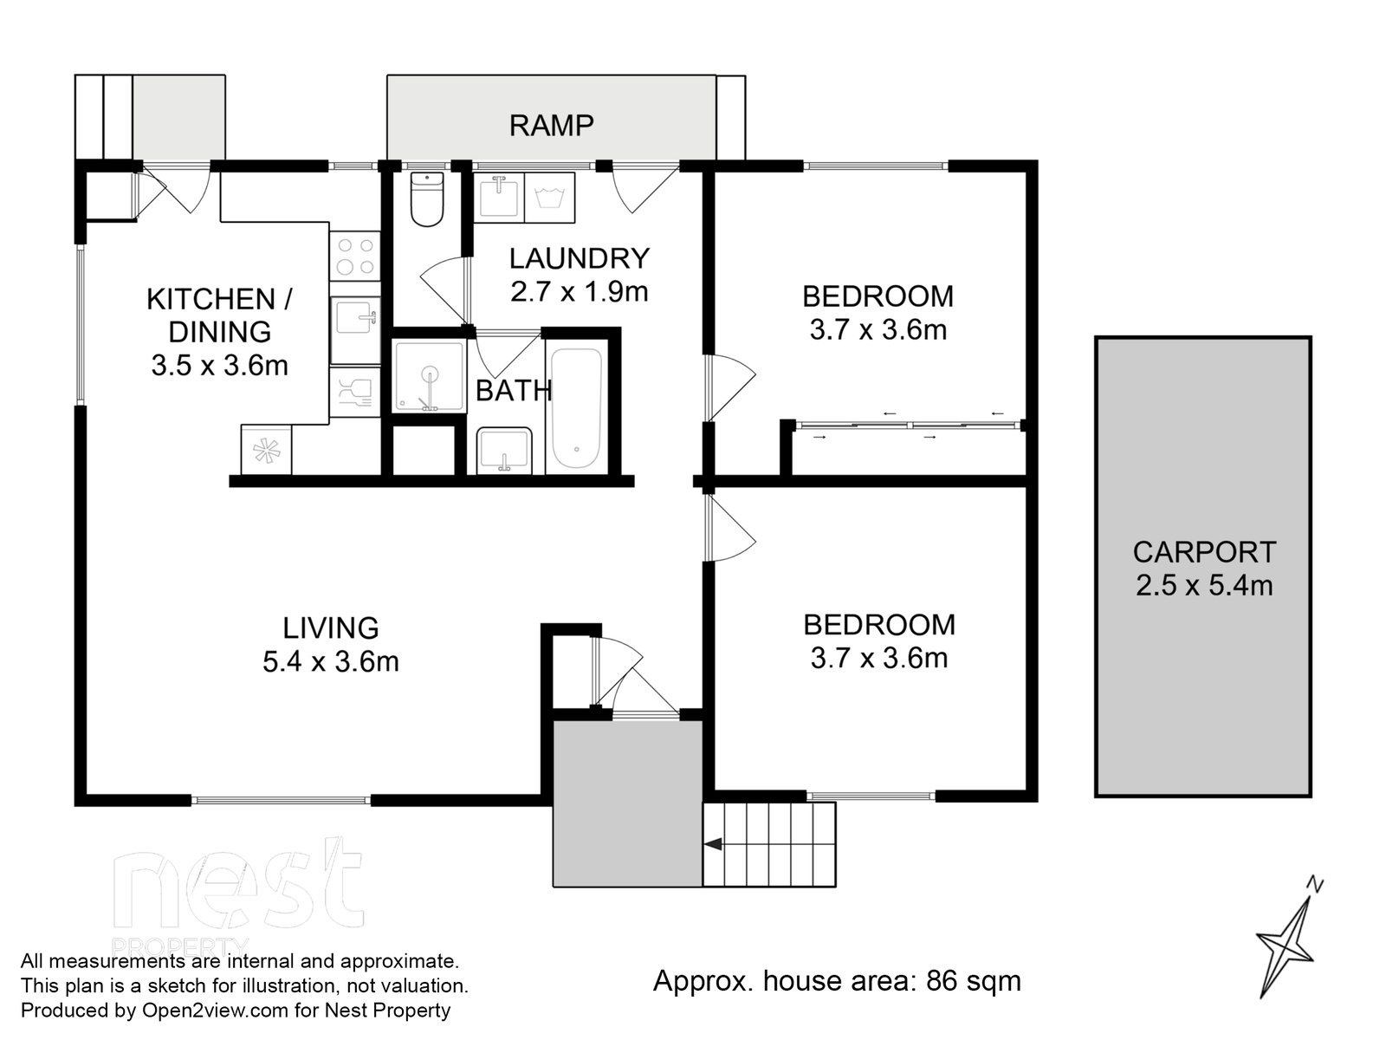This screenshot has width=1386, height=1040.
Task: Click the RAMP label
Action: click(551, 126)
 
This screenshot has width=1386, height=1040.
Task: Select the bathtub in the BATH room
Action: click(577, 408)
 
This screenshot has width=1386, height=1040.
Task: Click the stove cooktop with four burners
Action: click(355, 257)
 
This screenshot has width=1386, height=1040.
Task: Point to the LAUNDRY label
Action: click(580, 258)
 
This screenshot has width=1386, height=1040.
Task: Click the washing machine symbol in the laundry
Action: click(549, 198)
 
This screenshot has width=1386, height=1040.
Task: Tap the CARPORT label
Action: click(1204, 552)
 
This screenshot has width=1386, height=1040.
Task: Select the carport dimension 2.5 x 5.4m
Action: click(1204, 585)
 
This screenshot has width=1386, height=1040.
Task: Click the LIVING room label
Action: click(331, 628)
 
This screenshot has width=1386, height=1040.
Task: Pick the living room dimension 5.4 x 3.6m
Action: click(331, 662)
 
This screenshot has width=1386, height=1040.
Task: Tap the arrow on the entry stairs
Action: click(713, 844)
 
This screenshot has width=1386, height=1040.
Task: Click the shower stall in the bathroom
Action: click(430, 376)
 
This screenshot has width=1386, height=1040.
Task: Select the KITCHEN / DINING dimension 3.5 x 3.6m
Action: click(220, 365)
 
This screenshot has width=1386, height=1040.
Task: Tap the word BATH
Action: click(514, 391)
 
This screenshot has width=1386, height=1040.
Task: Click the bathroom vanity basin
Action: click(504, 450)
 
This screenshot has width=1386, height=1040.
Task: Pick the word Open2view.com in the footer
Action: click(216, 1011)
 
